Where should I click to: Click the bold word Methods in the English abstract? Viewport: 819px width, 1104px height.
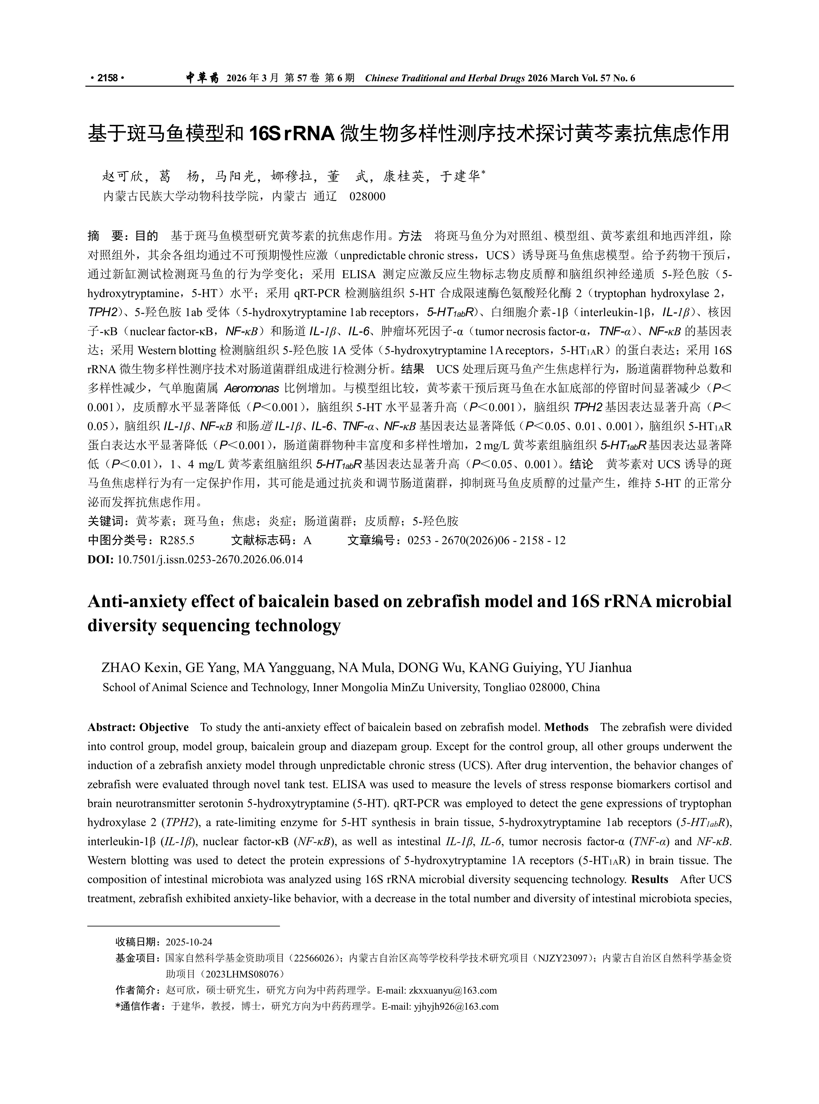[x=566, y=727]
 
